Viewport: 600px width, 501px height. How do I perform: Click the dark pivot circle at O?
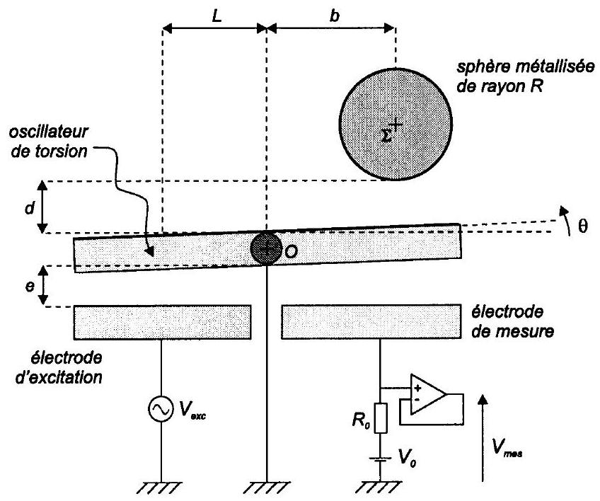pyautogui.click(x=266, y=248)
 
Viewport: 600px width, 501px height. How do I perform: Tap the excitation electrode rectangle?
pyautogui.click(x=162, y=321)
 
